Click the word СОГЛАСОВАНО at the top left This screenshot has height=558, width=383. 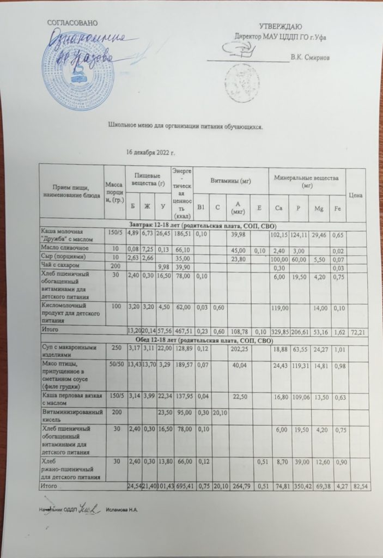72,22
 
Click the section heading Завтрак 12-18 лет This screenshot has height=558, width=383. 203,225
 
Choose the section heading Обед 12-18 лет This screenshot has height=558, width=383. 203,339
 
